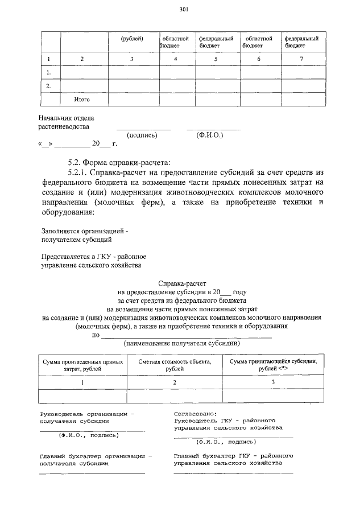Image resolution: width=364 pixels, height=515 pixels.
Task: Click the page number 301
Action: (183, 9)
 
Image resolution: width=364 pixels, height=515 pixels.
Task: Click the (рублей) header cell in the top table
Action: (132, 39)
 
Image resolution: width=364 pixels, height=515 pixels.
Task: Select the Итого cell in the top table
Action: (82, 100)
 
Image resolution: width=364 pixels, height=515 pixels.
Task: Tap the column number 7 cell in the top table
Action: (301, 59)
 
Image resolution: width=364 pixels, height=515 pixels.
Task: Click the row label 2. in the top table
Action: (49, 86)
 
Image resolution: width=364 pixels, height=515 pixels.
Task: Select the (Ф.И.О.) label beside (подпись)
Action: (210, 135)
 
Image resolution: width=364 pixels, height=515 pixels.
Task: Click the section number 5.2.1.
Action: (78, 172)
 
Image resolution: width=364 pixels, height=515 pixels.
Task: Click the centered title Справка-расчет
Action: (182, 282)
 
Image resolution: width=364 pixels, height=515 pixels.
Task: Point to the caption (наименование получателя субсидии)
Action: (182, 343)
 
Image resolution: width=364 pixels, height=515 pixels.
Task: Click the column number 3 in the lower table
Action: (273, 382)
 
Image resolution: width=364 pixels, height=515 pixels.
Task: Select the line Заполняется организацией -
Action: (86, 232)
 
